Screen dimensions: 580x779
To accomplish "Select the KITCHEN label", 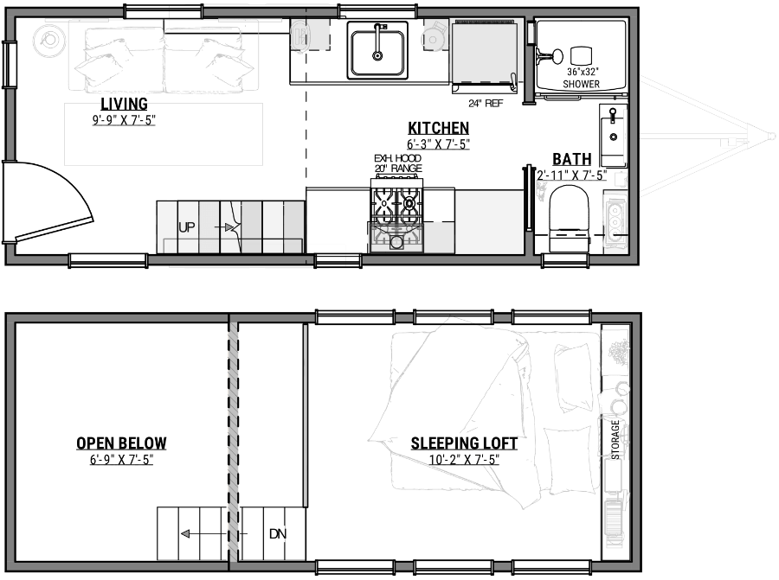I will [x=439, y=128].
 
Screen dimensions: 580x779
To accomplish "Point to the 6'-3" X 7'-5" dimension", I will [x=439, y=144].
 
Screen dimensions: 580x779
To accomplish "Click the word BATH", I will [x=572, y=159].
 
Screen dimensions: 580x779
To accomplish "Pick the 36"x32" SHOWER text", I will [x=581, y=78].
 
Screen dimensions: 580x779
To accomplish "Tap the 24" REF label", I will [x=486, y=103].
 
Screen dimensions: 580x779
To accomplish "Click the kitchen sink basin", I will [x=377, y=51].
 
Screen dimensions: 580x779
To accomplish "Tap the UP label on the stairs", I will [x=186, y=227].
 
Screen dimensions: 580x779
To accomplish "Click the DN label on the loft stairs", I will [x=277, y=533].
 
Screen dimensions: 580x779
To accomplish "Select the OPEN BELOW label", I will [x=121, y=443].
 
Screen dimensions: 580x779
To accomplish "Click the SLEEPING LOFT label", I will [x=464, y=443].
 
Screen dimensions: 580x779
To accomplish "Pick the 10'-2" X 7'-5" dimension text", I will [x=464, y=459].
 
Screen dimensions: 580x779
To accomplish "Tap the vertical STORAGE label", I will [x=615, y=441].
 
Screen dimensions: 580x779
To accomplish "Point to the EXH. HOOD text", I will [x=397, y=158].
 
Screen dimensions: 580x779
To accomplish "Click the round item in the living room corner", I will [x=48, y=39].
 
